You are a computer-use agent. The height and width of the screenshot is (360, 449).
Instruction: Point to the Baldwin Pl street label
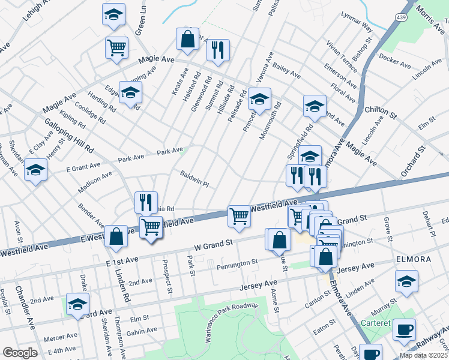pos(194,178)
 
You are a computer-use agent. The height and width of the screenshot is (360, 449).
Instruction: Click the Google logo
pos(19,353)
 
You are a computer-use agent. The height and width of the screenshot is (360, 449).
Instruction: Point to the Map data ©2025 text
pos(424,355)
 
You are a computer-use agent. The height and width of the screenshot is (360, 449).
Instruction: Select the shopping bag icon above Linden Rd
pos(115,236)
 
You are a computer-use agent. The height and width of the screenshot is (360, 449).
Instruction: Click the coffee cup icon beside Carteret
pos(404,329)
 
